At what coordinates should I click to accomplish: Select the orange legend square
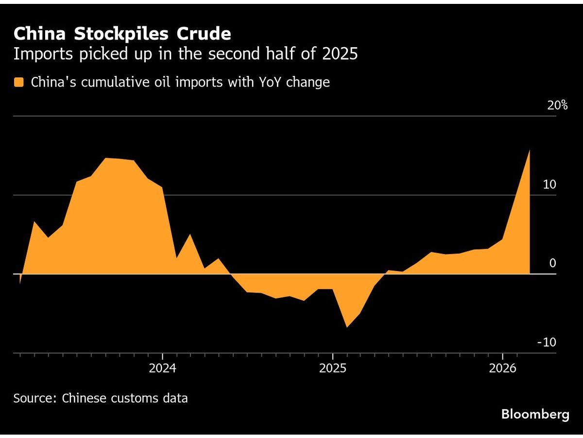[x=19, y=82]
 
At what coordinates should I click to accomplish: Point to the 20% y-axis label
[x=557, y=105]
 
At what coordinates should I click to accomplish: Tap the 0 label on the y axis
[x=552, y=263]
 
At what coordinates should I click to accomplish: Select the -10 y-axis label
[x=546, y=342]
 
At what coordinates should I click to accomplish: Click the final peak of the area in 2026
[x=529, y=150]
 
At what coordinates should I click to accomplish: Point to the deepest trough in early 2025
[x=346, y=327]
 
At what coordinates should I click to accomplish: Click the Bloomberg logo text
[x=535, y=415]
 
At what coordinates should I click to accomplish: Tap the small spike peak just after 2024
[x=190, y=235]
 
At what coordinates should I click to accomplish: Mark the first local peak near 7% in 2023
[x=34, y=222]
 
